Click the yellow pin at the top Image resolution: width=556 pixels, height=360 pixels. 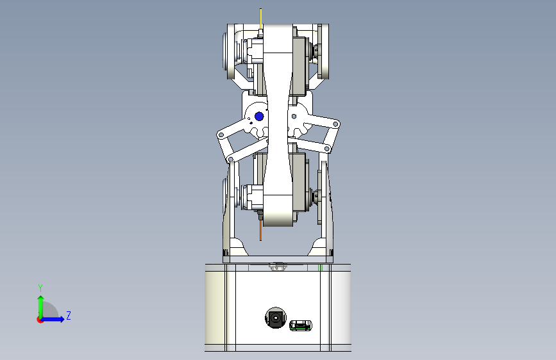(x=261, y=19)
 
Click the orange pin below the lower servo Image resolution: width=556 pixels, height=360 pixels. (x=260, y=231)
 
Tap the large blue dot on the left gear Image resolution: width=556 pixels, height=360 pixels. (x=259, y=116)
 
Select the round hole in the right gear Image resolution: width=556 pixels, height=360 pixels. (x=294, y=116)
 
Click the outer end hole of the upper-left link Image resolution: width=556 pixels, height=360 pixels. (x=221, y=135)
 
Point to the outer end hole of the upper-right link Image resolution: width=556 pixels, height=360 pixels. (x=335, y=124)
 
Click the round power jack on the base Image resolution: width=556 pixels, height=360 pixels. (x=276, y=318)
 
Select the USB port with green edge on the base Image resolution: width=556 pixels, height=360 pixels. (x=301, y=325)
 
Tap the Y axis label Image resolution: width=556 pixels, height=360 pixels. (x=40, y=288)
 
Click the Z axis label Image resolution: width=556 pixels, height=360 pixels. (x=69, y=315)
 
